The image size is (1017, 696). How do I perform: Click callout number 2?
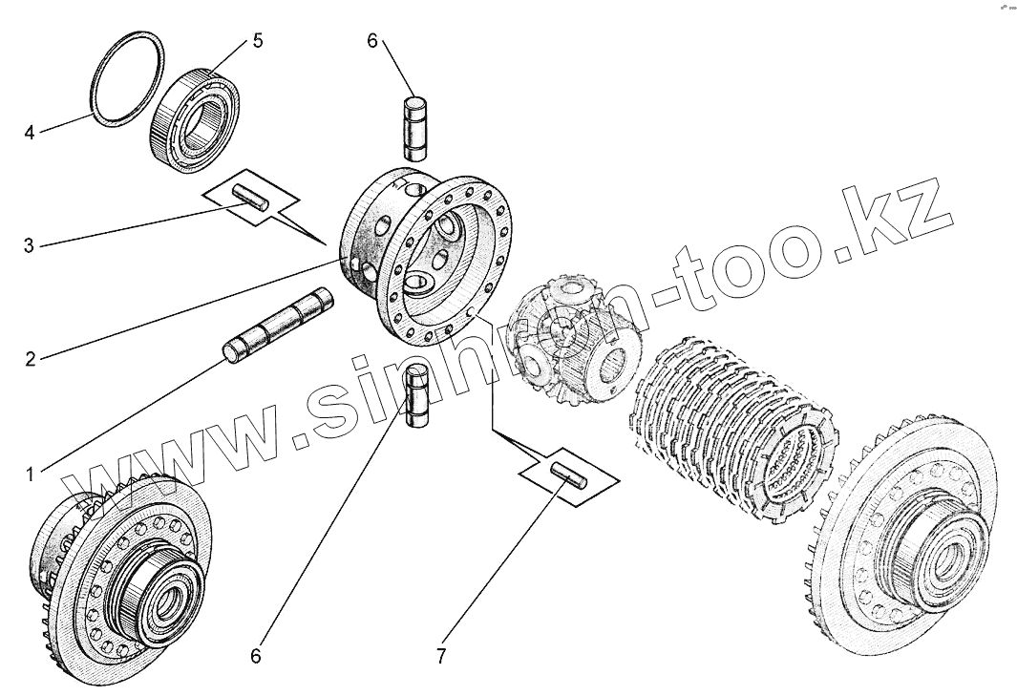(30, 359)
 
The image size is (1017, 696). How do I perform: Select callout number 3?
(30, 245)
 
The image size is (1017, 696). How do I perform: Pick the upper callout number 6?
(372, 41)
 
